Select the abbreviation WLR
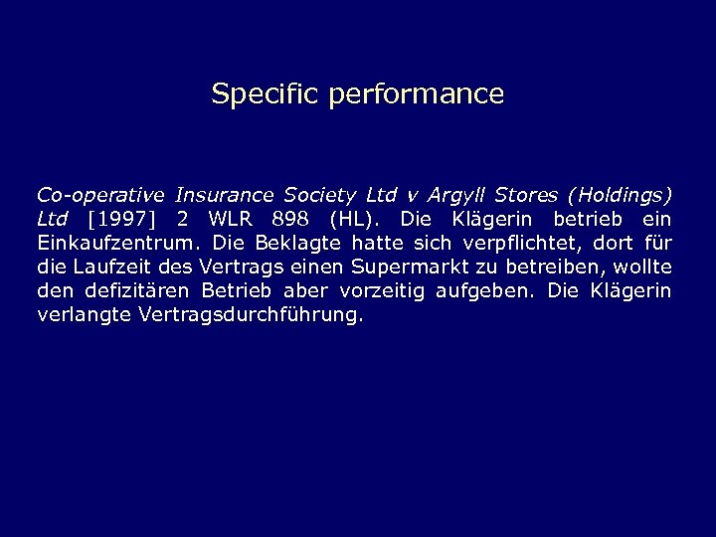pos(231,219)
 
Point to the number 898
pos(291,219)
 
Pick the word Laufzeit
pos(110,267)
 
